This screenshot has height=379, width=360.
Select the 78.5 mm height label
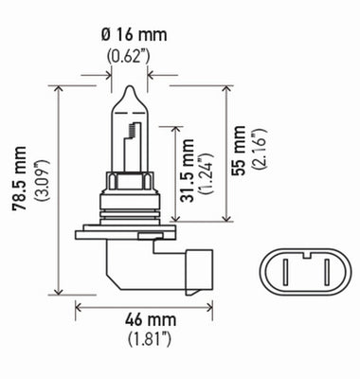pos(18,189)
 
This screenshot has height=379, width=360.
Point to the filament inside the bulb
pos(130,128)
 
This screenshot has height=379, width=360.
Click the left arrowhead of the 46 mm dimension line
pos(80,306)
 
